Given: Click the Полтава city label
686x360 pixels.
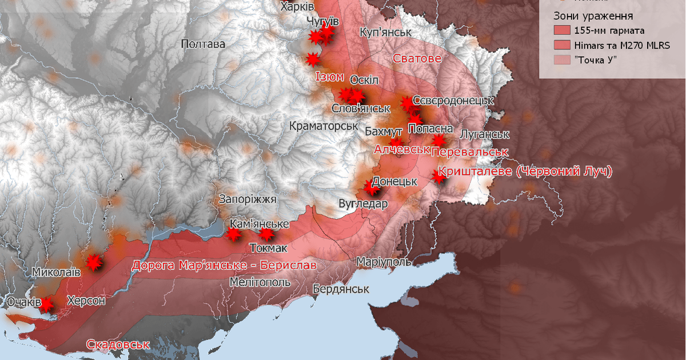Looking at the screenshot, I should pos(202,44).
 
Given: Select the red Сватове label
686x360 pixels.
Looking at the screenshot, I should pos(417,58).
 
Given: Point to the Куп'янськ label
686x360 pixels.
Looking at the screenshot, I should pos(386,31).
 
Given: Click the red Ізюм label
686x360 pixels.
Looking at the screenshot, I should pos(329,76).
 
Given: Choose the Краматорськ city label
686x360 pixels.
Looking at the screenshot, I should pos(324,125).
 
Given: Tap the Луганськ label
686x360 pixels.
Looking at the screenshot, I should pos(484,134).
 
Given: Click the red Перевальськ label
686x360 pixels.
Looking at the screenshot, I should pos(470,152).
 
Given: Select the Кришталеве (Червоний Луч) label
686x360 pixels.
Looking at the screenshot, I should pos(524,171).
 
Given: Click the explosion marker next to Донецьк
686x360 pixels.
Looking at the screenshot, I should pos(370,186).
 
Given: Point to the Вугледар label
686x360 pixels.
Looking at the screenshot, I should pos(363,203).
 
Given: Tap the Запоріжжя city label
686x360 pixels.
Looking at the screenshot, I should pos(248,199).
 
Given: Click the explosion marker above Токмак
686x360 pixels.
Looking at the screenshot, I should pos(266,234).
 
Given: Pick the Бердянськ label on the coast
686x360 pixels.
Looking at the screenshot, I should pos(340,289).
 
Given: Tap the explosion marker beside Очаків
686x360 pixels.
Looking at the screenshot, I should pos(46,305).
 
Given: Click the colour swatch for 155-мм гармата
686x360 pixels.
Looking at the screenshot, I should pos(561,30).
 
